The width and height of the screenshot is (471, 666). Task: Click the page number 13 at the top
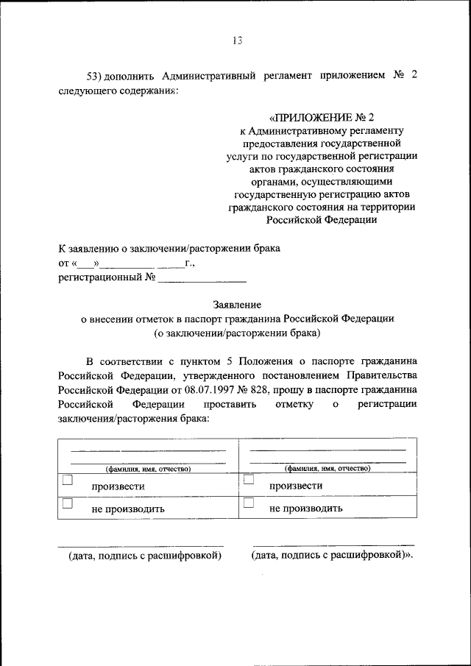[x=236, y=40]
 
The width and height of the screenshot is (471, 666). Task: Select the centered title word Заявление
[x=236, y=304]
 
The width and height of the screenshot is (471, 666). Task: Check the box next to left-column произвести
[x=68, y=480]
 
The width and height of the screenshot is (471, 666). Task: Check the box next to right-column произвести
[x=249, y=480]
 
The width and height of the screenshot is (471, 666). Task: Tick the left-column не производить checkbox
[x=68, y=503]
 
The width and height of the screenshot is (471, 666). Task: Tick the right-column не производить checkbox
[x=249, y=503]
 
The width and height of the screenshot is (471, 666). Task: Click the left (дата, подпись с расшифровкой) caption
[x=145, y=556]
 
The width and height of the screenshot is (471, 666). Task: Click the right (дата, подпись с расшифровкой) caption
[x=331, y=556]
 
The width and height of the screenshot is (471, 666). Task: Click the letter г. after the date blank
[x=190, y=262]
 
